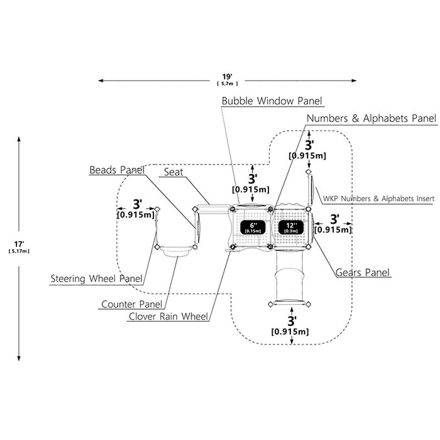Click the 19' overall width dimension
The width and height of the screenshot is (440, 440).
[x=228, y=80]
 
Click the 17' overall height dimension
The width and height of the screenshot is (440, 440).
[x=19, y=247]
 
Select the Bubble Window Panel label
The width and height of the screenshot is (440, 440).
[x=272, y=101]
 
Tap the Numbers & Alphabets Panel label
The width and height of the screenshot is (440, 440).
[x=371, y=118]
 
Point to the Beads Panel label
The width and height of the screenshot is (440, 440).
[x=117, y=170]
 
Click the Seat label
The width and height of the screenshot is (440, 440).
[x=173, y=172]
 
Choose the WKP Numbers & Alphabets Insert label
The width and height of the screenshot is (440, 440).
[x=378, y=199]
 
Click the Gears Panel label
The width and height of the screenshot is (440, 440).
[x=363, y=272]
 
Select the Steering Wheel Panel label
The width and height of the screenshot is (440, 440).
[x=97, y=278]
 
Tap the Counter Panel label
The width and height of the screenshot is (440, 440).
[x=131, y=304]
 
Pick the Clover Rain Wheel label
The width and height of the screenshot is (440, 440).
[x=168, y=316]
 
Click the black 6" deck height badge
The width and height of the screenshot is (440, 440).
[x=253, y=228]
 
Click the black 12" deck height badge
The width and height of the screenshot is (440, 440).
[x=290, y=228]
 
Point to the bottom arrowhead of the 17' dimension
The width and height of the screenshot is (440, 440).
[x=19, y=358]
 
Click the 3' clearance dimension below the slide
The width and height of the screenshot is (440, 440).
[x=290, y=326]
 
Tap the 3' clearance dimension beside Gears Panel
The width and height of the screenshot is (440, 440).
[x=333, y=224]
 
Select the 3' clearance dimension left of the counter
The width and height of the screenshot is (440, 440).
[x=136, y=209]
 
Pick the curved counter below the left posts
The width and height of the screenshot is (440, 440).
[x=176, y=251]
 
